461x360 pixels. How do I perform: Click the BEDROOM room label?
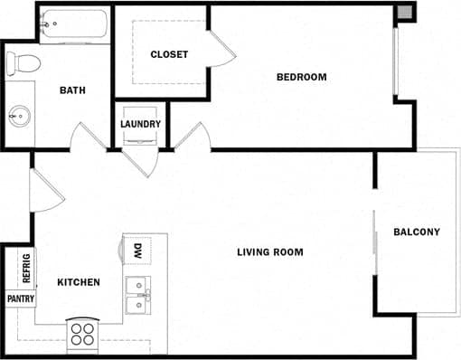click(301, 77)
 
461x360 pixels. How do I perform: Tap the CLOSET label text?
click(169, 54)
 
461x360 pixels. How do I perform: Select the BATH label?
click(72, 90)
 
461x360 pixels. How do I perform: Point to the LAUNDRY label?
click(140, 124)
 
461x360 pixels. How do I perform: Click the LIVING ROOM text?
click(270, 251)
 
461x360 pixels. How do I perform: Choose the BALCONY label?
click(417, 232)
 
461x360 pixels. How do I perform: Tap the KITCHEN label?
click(79, 282)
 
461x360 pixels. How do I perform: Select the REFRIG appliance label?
click(25, 269)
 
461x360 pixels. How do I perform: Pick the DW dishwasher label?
click(138, 251)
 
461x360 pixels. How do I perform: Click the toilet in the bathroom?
click(23, 63)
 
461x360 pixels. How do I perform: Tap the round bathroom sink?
click(18, 116)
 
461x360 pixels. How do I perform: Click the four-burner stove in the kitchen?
click(82, 334)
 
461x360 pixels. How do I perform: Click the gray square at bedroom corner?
click(405, 13)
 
